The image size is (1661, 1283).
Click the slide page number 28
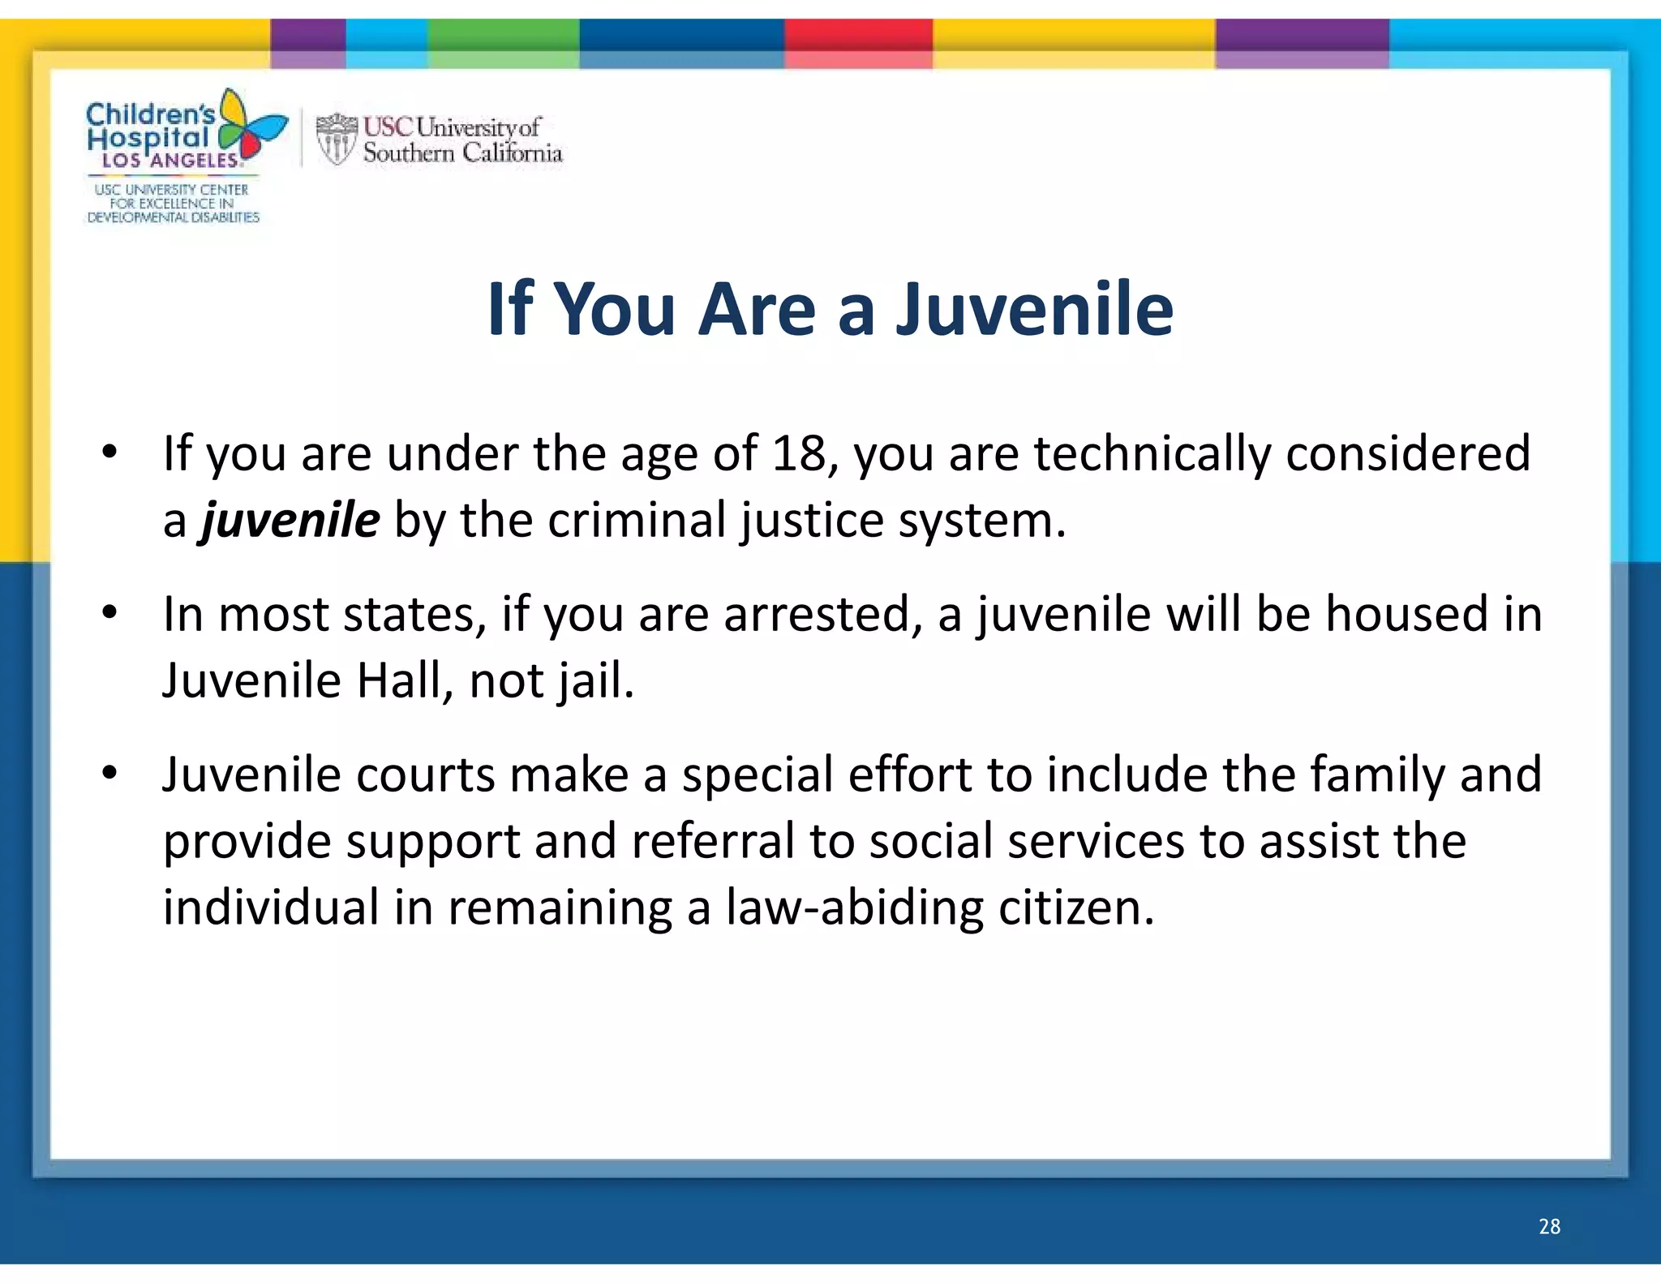[x=1549, y=1225]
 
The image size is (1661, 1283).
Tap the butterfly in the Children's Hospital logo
[x=251, y=127]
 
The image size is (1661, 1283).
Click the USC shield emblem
[x=336, y=139]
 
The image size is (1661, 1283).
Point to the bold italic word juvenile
[x=290, y=520]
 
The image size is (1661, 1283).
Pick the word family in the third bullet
[x=1377, y=775]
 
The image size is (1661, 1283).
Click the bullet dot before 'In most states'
[x=110, y=612]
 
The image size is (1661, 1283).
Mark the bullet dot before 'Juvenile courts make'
[x=110, y=773]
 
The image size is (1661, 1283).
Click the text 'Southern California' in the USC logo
[x=462, y=152]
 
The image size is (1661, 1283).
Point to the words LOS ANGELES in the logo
[x=170, y=161]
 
